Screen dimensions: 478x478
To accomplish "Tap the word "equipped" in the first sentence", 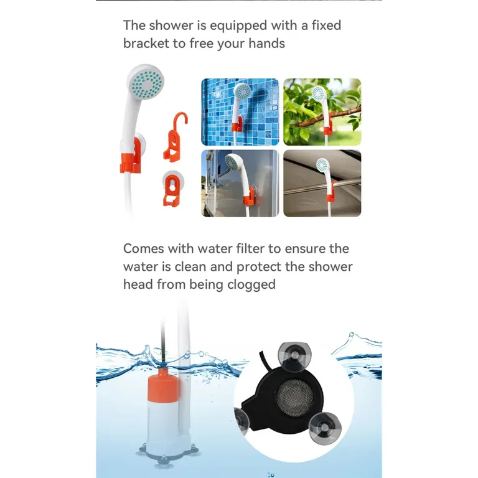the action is [238, 26].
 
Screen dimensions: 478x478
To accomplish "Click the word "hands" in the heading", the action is [266, 44].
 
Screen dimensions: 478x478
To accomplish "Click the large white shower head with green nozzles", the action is [146, 82].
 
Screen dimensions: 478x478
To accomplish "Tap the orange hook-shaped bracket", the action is [176, 137].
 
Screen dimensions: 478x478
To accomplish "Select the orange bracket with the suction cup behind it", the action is [172, 189].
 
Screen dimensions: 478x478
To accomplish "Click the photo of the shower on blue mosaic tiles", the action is [240, 112].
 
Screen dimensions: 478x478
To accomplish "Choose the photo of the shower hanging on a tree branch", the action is [322, 112].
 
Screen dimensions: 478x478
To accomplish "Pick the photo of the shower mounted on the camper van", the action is [240, 183].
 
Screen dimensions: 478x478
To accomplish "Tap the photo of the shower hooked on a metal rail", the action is [322, 183].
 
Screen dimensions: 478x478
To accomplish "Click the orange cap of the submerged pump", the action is [164, 387].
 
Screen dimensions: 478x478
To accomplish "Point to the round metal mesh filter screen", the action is [294, 398].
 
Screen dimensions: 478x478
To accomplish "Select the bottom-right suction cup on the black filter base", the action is [325, 428].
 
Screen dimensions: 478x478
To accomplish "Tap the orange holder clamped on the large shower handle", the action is [131, 158].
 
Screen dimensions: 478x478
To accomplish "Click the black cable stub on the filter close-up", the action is [263, 360].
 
